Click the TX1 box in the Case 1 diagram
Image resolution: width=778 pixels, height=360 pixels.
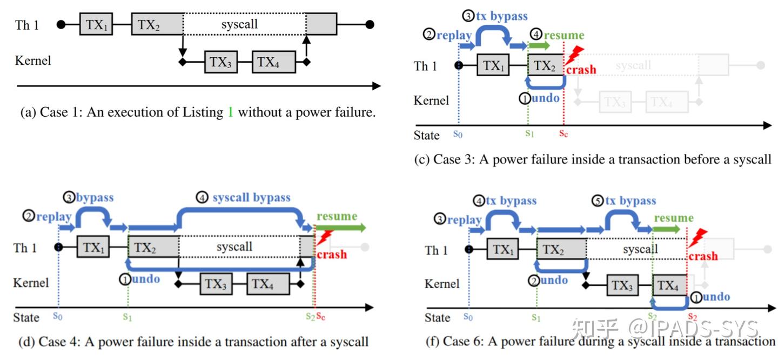click(96, 25)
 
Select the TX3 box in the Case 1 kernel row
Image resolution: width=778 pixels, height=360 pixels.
click(220, 62)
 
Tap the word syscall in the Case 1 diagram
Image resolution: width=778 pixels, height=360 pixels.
click(239, 24)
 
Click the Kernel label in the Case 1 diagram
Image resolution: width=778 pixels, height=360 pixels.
click(33, 60)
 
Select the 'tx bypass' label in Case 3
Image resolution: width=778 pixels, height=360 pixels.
click(501, 16)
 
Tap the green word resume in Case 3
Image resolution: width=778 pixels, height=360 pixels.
click(564, 35)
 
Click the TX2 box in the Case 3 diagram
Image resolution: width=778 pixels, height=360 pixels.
click(544, 66)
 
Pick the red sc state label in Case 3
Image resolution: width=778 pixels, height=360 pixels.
click(563, 134)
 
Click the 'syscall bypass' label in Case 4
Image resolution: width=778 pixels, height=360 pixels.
click(251, 197)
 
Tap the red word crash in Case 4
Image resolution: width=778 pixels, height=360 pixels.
click(332, 255)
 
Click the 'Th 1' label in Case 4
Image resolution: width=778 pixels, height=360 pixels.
click(25, 248)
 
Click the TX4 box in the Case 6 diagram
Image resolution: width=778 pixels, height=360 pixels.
click(669, 285)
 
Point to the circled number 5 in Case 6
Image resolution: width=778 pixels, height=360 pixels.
click(597, 201)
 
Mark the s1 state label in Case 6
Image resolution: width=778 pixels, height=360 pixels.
click(536, 317)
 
